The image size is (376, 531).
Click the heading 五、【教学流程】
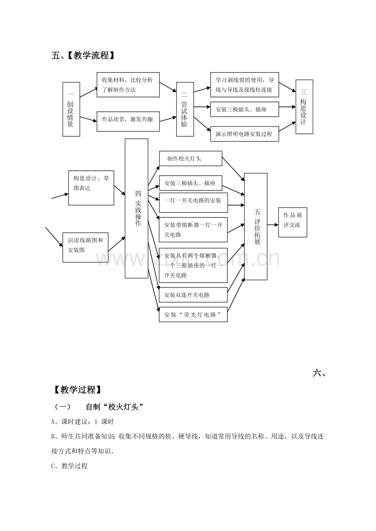point(83,55)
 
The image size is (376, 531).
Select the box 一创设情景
point(71,109)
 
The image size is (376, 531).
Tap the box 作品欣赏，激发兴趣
point(128,122)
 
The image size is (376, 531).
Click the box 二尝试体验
point(185,109)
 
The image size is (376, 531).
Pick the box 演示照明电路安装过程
point(245,134)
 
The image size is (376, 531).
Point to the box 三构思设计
point(304,107)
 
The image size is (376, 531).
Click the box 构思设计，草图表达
point(91,188)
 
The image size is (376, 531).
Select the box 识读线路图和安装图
point(85,248)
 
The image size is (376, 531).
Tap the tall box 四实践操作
point(137,208)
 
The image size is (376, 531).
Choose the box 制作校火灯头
point(191,158)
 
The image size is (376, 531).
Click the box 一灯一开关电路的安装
point(193,203)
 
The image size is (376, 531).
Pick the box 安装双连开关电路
point(193,295)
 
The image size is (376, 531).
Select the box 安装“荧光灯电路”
point(193,314)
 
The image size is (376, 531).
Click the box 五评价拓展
point(256,227)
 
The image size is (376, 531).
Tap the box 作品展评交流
point(293,222)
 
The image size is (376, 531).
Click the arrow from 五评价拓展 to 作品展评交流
point(273,225)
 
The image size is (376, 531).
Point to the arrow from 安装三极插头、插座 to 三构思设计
point(287,107)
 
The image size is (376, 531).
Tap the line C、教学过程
point(69,466)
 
